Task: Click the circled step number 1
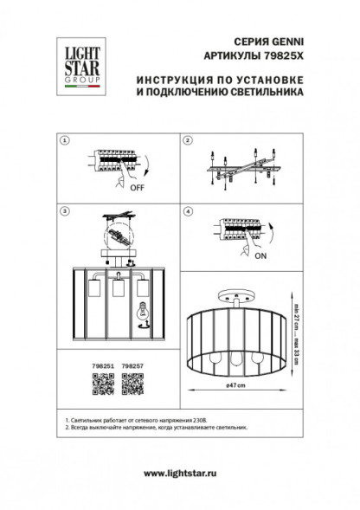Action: [64, 141]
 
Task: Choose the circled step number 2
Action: [187, 141]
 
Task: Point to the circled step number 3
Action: [64, 210]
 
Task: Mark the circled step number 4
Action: [187, 210]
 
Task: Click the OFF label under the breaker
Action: [136, 184]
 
